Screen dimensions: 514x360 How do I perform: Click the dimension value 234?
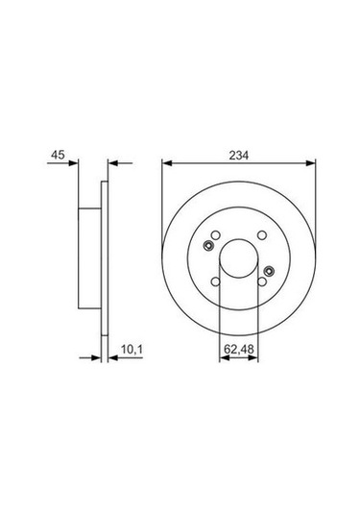[x=239, y=153]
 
